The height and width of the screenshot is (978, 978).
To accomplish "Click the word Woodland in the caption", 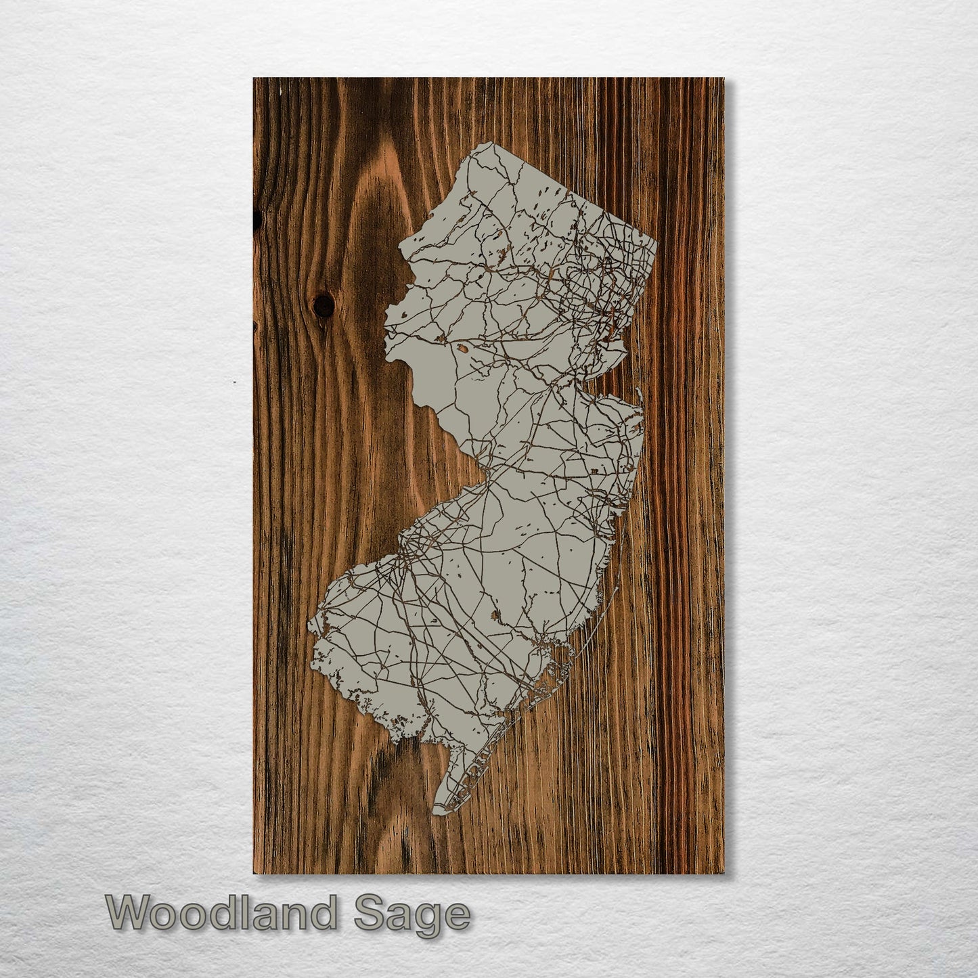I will [x=221, y=913].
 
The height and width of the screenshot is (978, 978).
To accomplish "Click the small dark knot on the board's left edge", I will [x=257, y=217].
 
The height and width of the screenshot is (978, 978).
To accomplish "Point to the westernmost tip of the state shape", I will [x=310, y=623].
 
